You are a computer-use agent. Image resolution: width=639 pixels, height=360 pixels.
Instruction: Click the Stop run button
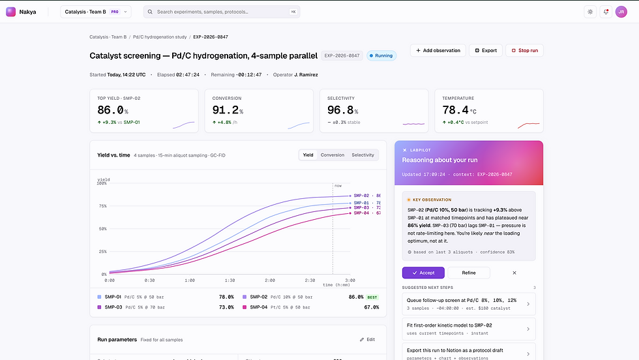[524, 50]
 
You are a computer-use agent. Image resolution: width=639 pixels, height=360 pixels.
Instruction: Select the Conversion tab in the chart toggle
[333, 155]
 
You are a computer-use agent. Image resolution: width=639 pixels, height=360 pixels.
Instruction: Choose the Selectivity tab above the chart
[363, 155]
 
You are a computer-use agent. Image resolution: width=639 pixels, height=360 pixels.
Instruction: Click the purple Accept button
[423, 273]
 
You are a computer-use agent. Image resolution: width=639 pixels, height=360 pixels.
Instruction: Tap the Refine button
[469, 273]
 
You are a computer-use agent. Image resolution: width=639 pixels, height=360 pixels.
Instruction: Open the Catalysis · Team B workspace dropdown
[96, 12]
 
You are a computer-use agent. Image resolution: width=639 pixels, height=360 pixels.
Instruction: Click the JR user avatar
[621, 12]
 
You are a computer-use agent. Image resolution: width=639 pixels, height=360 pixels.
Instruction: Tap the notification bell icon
[606, 12]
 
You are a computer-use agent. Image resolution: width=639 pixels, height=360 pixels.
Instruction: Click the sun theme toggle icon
[590, 12]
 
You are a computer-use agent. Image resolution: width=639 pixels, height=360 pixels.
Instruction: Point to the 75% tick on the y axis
[102, 206]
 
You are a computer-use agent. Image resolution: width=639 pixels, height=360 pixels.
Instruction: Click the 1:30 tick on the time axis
[229, 280]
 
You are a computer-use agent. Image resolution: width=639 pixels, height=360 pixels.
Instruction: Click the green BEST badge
[372, 297]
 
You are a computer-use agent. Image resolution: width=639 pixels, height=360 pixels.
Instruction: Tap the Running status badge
[381, 55]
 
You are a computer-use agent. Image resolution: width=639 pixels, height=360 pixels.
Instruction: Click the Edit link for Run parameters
[368, 340]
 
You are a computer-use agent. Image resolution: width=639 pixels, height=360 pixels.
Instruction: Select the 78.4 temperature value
[455, 110]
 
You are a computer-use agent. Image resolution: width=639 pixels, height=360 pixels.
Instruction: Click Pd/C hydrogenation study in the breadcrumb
[160, 37]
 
